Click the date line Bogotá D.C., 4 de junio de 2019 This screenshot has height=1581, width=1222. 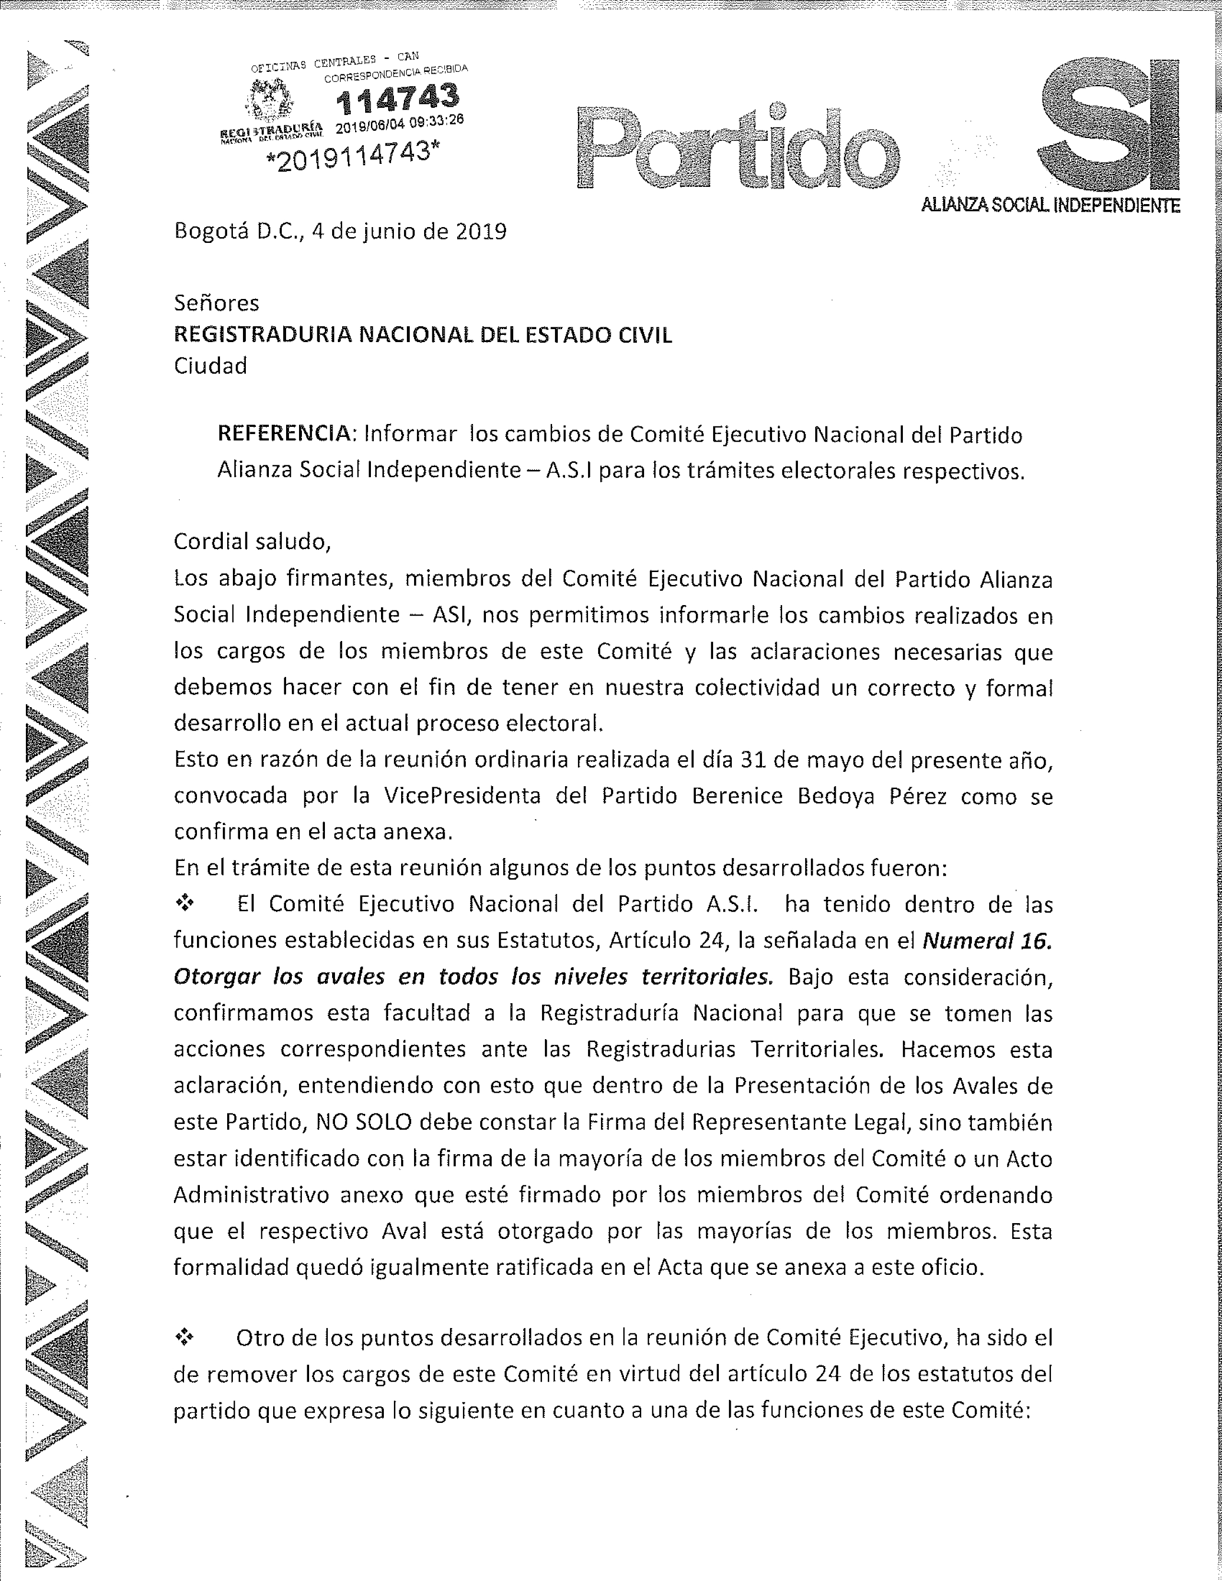tap(340, 232)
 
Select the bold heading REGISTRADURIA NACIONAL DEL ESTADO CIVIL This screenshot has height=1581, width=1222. tap(423, 334)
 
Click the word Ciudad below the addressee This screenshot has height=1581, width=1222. tap(210, 366)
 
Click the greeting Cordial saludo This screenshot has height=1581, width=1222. tap(252, 541)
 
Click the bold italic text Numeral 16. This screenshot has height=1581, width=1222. tap(986, 941)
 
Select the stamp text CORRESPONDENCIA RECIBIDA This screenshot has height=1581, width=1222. tap(395, 74)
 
